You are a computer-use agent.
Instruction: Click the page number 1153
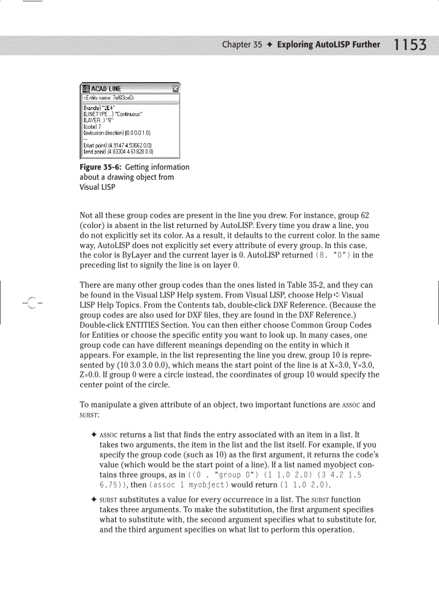click(410, 45)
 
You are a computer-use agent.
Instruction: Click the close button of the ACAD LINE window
click(175, 89)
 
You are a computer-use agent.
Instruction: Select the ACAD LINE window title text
click(106, 89)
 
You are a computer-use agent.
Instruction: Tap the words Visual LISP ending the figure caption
click(97, 187)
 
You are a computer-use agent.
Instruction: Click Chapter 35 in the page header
click(242, 45)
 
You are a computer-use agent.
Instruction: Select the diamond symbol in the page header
click(270, 45)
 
